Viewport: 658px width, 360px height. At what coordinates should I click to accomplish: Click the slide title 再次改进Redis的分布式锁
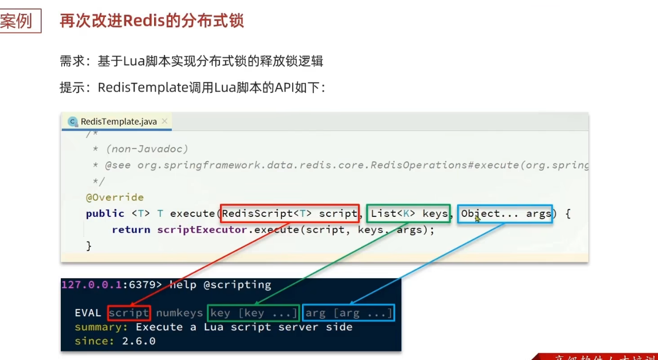click(151, 21)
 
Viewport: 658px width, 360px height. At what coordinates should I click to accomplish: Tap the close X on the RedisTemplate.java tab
click(164, 122)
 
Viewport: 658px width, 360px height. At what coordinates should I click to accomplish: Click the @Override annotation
click(115, 197)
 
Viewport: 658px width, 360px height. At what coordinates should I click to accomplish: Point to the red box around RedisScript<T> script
click(290, 213)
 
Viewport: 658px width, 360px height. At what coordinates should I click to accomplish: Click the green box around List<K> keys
click(409, 213)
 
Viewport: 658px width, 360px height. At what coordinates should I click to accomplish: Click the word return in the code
click(131, 230)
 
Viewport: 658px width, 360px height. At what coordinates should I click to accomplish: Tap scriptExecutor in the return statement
click(202, 230)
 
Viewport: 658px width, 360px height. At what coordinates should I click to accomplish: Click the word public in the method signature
click(105, 213)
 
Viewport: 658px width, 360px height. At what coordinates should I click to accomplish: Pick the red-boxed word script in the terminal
click(129, 313)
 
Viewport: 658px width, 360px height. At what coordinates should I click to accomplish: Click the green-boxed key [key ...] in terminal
click(253, 313)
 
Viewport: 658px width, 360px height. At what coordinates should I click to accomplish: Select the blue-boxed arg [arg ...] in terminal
click(348, 313)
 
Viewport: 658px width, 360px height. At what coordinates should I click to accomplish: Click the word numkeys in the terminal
click(178, 313)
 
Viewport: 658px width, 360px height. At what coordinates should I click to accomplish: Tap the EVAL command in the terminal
click(88, 313)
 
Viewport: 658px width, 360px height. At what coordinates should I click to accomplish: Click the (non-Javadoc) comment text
click(147, 149)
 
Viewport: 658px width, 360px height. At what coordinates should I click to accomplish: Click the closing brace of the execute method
click(89, 246)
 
